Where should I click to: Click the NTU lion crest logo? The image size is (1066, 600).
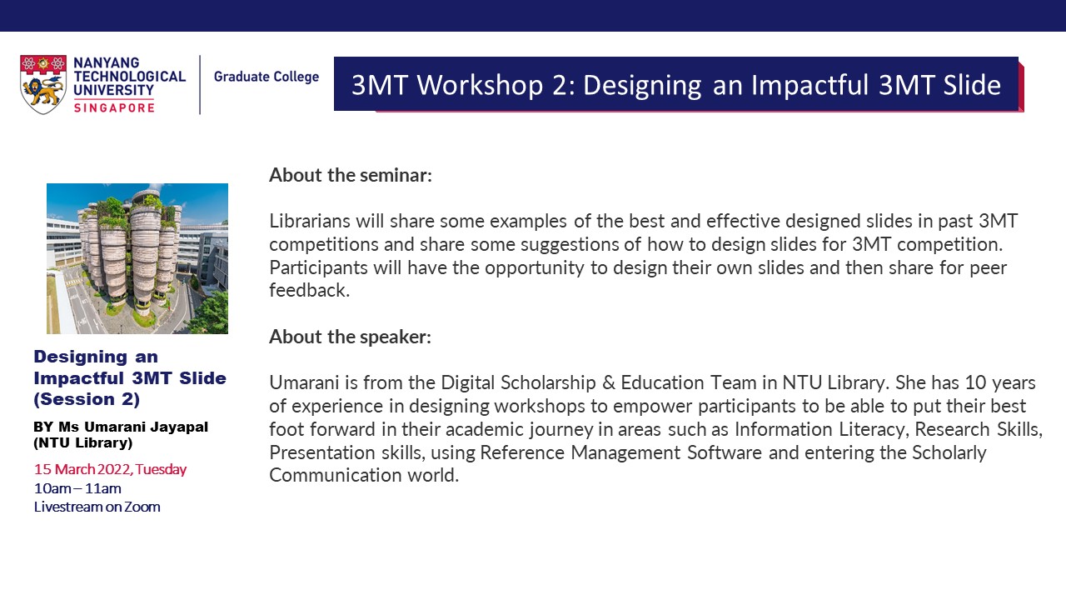(x=42, y=84)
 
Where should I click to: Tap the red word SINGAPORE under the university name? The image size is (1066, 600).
(x=114, y=108)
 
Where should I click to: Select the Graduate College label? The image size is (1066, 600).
(x=266, y=77)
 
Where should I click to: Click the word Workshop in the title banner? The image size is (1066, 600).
(x=481, y=85)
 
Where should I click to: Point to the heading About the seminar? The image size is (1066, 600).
(x=351, y=175)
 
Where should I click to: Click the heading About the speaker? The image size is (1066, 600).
(x=351, y=337)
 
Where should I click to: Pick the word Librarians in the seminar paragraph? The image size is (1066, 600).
(x=310, y=221)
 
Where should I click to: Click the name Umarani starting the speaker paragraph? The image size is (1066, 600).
(x=305, y=382)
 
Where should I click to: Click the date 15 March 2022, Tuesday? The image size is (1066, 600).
(x=111, y=469)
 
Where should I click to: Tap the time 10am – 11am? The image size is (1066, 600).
(x=77, y=488)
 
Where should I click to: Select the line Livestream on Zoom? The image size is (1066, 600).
(x=97, y=507)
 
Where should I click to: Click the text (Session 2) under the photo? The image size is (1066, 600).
(x=87, y=399)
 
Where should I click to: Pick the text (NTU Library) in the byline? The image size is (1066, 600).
(x=82, y=442)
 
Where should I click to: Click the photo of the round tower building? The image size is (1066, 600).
(x=137, y=258)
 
